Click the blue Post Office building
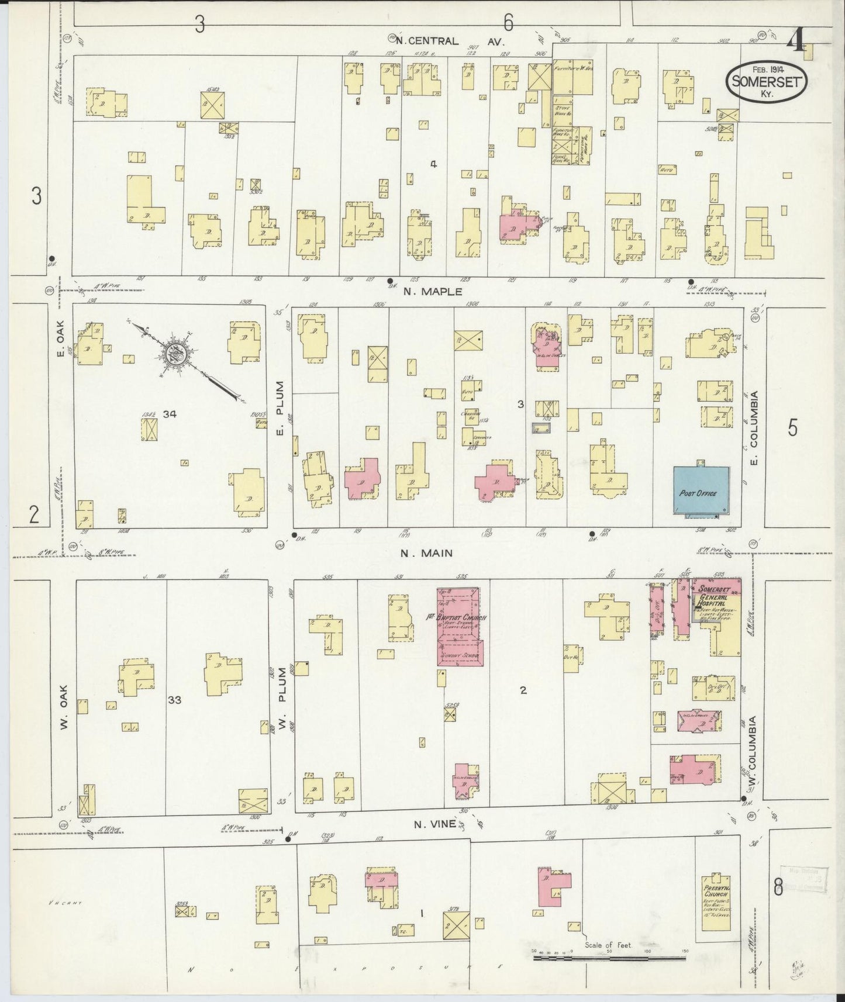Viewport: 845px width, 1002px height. pyautogui.click(x=701, y=491)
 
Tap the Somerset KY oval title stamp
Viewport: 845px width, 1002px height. pyautogui.click(x=767, y=83)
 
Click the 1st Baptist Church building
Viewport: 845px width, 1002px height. pyautogui.click(x=458, y=627)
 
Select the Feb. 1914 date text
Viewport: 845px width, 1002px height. pyautogui.click(x=767, y=69)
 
